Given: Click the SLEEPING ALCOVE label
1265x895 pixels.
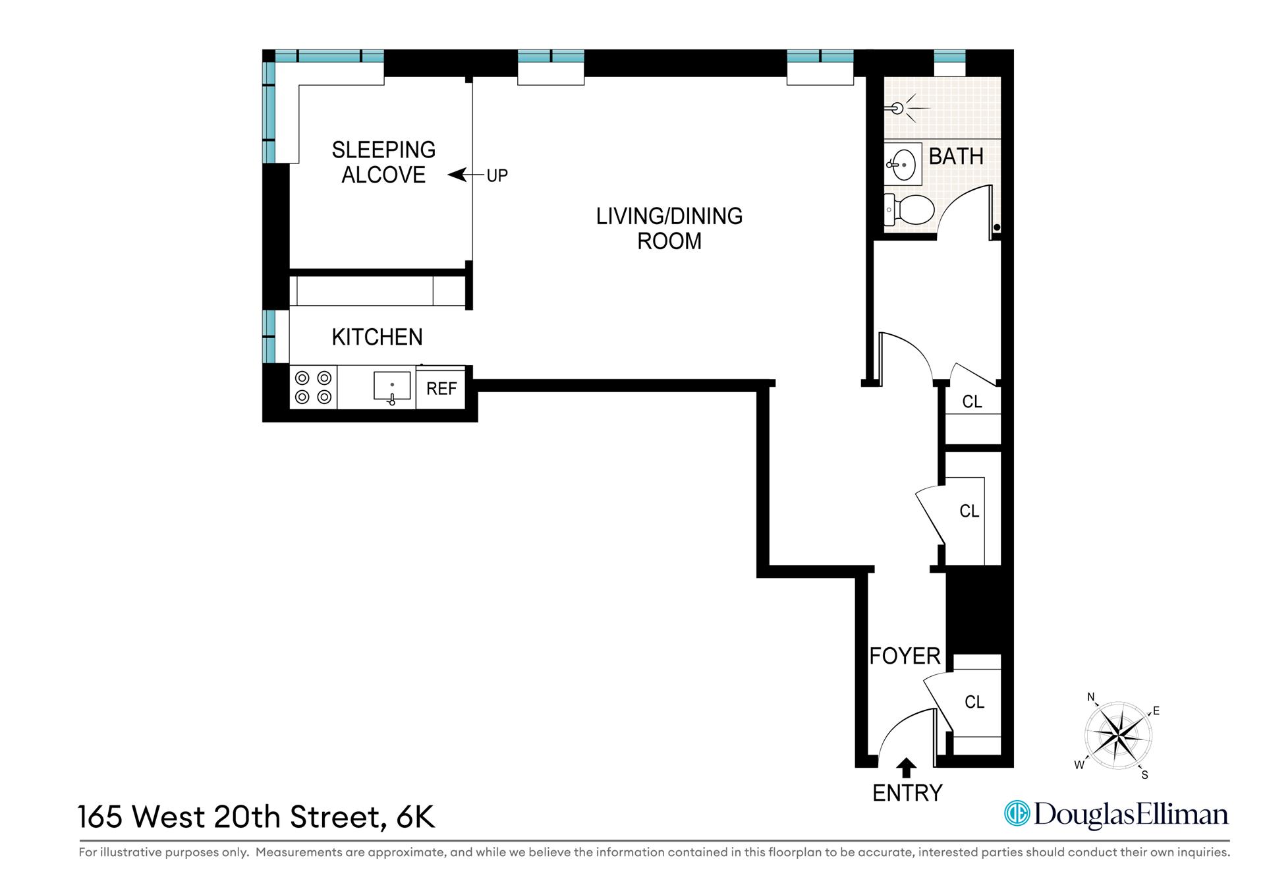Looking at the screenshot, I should tap(383, 162).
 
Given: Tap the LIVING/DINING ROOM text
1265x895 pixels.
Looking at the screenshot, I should tap(669, 228).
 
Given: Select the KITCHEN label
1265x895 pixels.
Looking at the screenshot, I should tap(377, 337).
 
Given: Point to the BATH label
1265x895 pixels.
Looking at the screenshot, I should tap(955, 156).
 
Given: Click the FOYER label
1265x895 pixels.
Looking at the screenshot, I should tap(904, 656).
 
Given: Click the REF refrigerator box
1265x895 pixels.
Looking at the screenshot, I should tap(441, 388).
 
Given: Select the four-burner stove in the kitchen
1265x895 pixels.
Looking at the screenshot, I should tap(313, 388).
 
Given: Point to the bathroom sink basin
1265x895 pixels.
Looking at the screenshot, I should tap(903, 163).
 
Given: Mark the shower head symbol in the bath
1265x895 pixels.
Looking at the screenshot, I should tap(898, 109).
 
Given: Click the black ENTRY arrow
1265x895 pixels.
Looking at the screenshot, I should tap(907, 767).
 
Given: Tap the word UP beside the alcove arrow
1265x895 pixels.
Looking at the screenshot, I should tap(497, 176).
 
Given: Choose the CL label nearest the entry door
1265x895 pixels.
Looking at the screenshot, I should tap(974, 702).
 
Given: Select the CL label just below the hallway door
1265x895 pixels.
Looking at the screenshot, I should tap(972, 401).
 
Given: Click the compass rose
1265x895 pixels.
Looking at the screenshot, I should tap(1118, 734).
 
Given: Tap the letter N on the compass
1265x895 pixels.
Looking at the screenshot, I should tap(1090, 697).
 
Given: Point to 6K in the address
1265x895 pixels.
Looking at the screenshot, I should tap(415, 817).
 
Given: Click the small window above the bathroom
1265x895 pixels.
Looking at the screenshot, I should tap(949, 56).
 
